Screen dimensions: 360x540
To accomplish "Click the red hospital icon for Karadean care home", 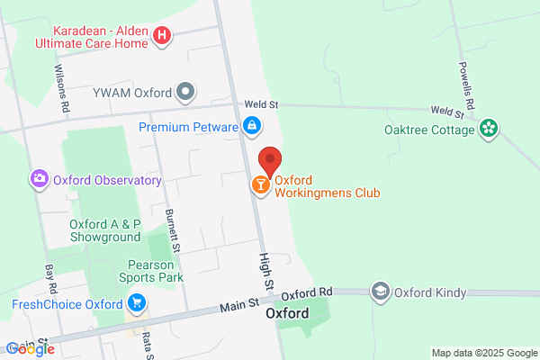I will click(x=162, y=36).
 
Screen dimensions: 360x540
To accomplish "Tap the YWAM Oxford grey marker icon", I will click(x=185, y=90).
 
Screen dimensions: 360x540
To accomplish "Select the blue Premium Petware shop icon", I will click(x=252, y=127).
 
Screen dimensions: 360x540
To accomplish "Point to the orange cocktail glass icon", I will click(x=260, y=185).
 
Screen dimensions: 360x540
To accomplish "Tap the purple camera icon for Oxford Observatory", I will click(x=39, y=179).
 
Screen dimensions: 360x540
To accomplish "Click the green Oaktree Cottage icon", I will click(x=489, y=130).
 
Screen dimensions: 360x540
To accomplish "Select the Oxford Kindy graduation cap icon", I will click(x=381, y=292).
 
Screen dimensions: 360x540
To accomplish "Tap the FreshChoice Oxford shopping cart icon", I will click(x=137, y=303).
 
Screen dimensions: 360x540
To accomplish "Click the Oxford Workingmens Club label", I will click(x=327, y=186).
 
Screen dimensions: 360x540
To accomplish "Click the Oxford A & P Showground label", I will click(x=105, y=230).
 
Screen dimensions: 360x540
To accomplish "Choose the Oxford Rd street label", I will click(x=307, y=293).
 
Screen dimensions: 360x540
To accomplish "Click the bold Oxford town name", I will click(x=288, y=314).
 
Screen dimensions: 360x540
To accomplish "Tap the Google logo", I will click(x=29, y=349).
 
